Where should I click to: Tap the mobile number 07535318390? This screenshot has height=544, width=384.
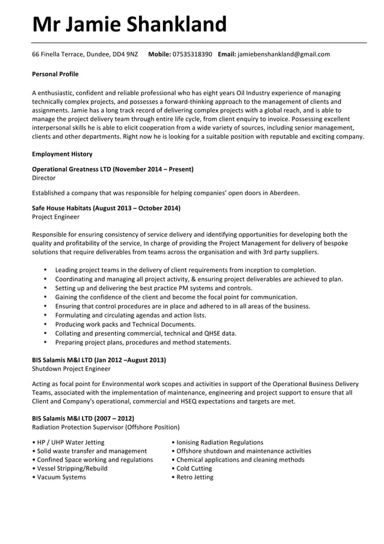point(192,54)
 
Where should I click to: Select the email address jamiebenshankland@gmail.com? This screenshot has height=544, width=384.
point(283,54)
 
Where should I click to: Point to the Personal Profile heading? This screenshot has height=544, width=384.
point(55,74)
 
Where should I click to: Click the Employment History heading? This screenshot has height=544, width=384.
point(62,154)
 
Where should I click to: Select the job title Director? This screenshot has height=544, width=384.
point(43,178)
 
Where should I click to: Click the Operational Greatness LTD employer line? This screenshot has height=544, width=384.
point(113,169)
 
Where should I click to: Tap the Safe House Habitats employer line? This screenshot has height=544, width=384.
point(106,208)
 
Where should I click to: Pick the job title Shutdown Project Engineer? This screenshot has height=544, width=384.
point(71,369)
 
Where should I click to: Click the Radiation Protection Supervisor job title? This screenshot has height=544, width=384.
point(105,427)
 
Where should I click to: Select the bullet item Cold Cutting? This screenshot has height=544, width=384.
point(194,468)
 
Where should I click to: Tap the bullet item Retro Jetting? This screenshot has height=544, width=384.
point(194,477)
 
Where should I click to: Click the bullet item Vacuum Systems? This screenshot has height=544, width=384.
point(61,477)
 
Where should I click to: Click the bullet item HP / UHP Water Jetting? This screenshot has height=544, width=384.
point(70,442)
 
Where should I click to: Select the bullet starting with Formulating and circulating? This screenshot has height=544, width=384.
point(130,315)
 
